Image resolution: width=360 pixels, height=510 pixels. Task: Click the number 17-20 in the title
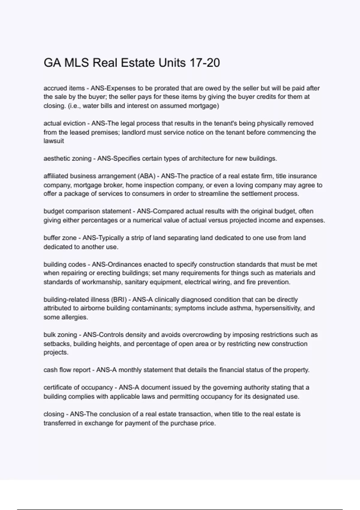click(205, 63)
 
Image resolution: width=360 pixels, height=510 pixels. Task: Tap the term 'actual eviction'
click(64, 123)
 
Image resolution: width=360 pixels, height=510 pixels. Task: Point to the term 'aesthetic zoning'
click(67, 158)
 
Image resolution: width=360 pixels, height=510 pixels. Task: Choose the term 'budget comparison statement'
click(87, 211)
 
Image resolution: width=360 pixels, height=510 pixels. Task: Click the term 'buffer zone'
click(60, 238)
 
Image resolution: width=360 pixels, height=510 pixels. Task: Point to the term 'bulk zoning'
click(60, 334)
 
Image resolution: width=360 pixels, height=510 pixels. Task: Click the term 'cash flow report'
click(67, 370)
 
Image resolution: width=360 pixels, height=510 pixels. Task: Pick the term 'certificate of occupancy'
click(78, 387)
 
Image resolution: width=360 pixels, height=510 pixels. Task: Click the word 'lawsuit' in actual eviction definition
click(54, 141)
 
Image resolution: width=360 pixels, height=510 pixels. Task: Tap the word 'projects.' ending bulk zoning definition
click(56, 352)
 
